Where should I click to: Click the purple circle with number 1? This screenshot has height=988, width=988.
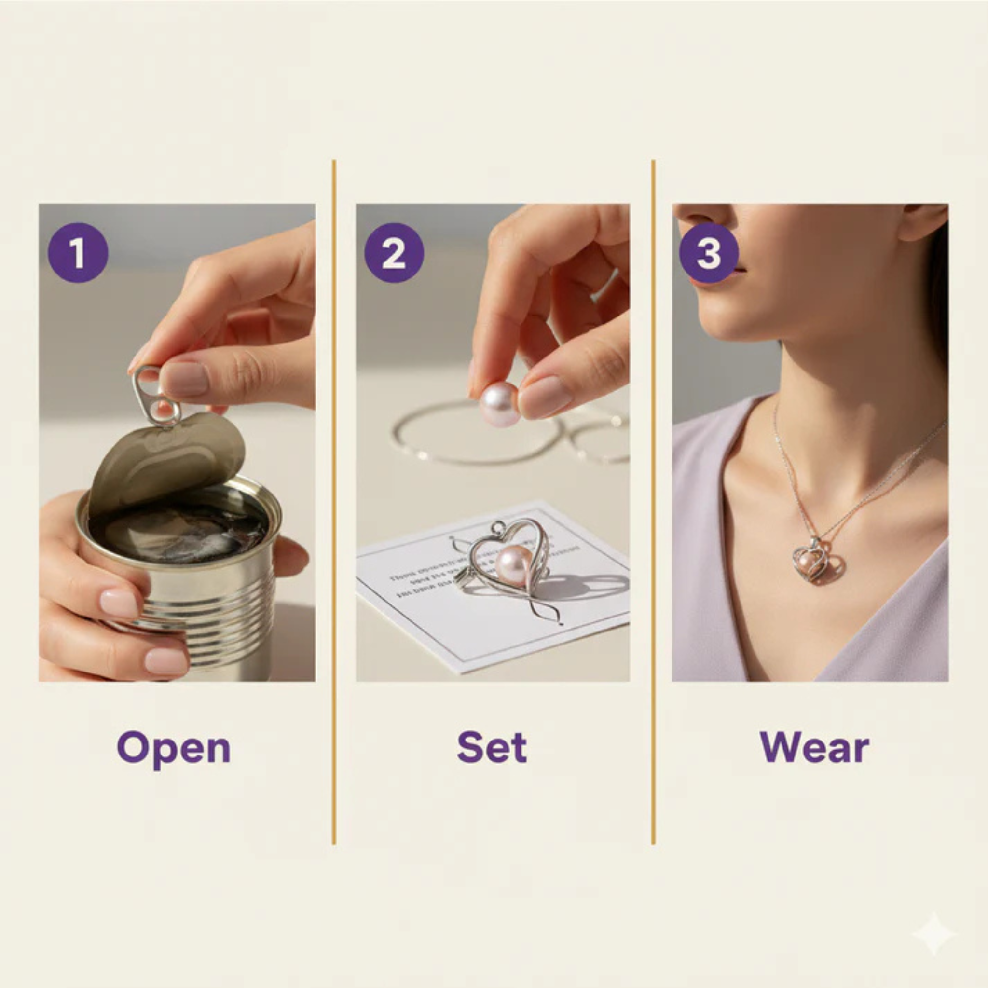pyautogui.click(x=78, y=253)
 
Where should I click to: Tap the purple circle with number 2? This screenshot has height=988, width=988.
pyautogui.click(x=394, y=253)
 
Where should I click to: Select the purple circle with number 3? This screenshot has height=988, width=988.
pyautogui.click(x=708, y=253)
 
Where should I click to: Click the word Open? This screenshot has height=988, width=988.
pyautogui.click(x=173, y=748)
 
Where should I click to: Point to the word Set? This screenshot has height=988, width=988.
pyautogui.click(x=492, y=747)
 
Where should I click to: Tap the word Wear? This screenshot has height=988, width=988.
pyautogui.click(x=814, y=747)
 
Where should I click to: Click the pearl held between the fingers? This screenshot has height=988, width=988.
pyautogui.click(x=499, y=404)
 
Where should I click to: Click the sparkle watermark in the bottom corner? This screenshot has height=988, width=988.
pyautogui.click(x=933, y=934)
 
